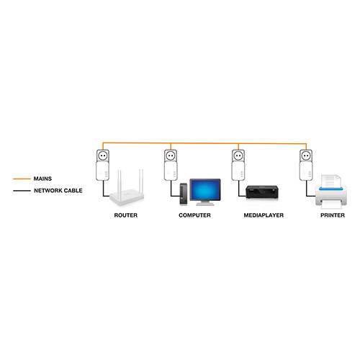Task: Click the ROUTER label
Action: coord(126,215)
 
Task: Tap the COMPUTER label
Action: coord(194,215)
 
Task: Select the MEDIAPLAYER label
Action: coord(264,215)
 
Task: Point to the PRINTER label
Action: coord(333,215)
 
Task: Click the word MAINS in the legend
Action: coord(42,179)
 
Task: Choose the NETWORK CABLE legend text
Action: coord(58,191)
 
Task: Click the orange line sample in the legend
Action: coord(22,179)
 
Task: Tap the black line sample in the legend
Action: coord(22,191)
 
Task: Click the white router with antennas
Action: coord(127,193)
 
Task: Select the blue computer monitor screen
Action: coord(205,189)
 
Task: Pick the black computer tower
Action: coord(184,194)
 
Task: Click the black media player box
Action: coord(262,192)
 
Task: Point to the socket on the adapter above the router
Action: coord(103,156)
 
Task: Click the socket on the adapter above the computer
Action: coord(171,156)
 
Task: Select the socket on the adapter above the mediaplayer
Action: coord(238,156)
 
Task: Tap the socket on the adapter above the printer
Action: coord(306,156)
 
